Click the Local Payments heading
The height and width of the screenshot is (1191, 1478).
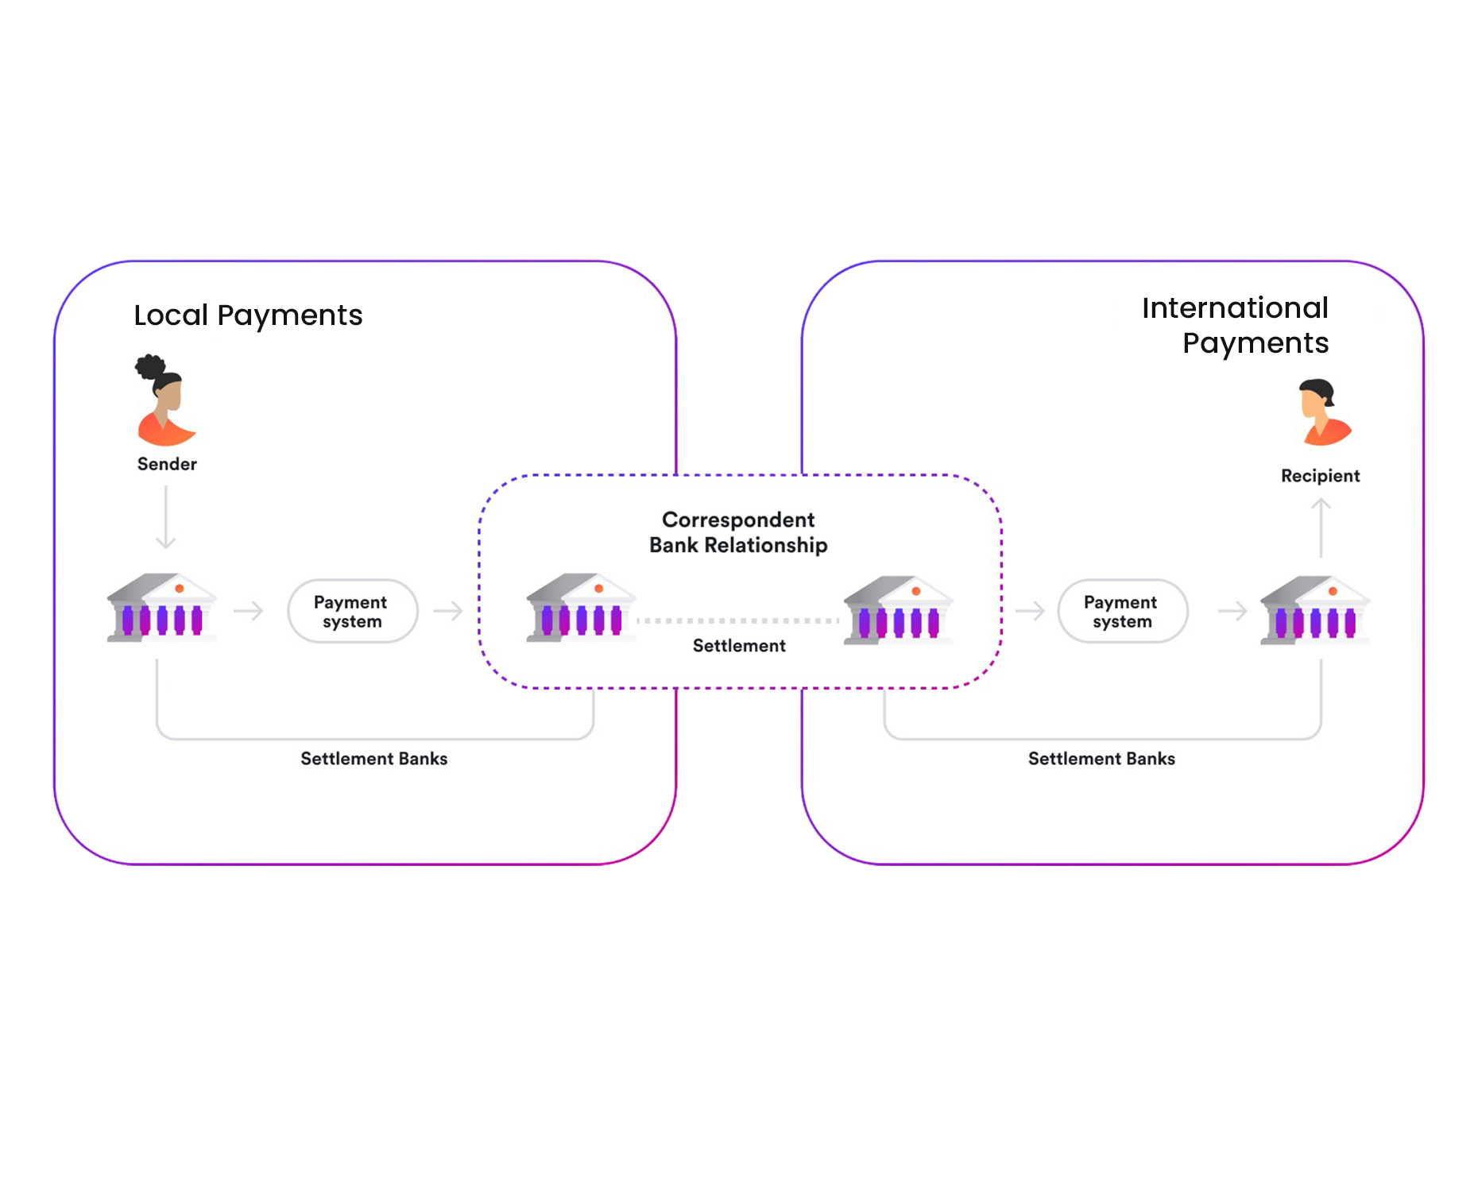point(248,315)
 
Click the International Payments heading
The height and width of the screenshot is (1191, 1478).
point(1235,325)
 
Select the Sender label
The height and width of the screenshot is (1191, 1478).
point(167,464)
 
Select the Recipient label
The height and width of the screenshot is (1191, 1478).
point(1320,476)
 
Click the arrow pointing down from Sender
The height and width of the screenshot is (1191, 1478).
point(165,517)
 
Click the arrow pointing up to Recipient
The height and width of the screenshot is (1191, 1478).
point(1321,528)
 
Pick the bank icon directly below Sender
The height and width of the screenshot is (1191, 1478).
point(162,608)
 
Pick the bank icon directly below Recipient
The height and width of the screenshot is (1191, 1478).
point(1316,610)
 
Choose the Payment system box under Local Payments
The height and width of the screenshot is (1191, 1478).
point(352,611)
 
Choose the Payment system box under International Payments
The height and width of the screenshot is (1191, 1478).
point(1122,611)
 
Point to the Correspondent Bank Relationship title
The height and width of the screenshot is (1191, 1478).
point(738,532)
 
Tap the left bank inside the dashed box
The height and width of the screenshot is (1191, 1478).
point(581,608)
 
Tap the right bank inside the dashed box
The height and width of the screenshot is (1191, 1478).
point(898,610)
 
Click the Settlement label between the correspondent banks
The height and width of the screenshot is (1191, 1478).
point(739,646)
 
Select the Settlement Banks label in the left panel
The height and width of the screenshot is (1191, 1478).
point(373,759)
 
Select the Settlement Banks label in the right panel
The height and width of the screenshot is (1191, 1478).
point(1101,759)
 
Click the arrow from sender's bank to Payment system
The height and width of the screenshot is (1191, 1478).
point(249,611)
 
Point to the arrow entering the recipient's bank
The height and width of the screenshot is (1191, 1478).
point(1232,611)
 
